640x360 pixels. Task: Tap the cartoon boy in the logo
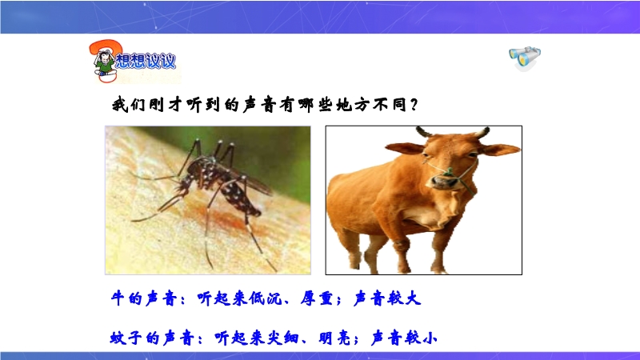[104, 63]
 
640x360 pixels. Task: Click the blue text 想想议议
[146, 62]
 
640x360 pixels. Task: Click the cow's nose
[445, 182]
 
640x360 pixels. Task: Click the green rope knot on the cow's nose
[449, 173]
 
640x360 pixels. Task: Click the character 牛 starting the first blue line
[118, 298]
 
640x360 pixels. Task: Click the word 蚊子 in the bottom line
[126, 338]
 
